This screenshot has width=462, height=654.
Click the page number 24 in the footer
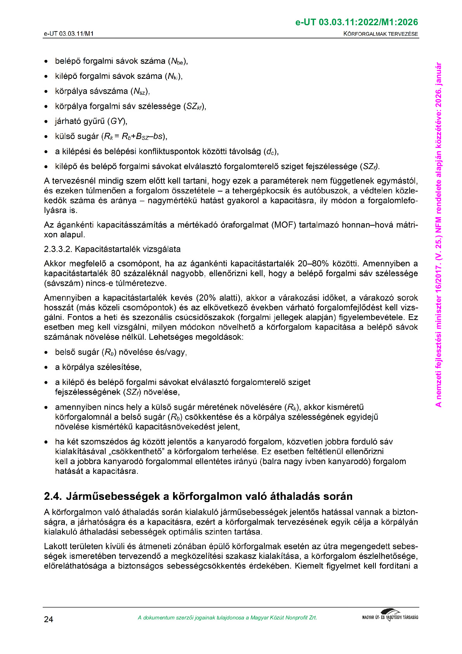pyautogui.click(x=49, y=619)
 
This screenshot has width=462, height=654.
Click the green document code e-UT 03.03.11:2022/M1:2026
pyautogui.click(x=356, y=22)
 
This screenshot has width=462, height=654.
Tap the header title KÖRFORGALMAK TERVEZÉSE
pyautogui.click(x=380, y=34)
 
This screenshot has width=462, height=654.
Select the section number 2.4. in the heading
pyautogui.click(x=53, y=496)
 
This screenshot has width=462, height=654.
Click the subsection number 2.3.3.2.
pyautogui.click(x=58, y=249)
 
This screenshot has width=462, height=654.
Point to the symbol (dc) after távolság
pyautogui.click(x=270, y=151)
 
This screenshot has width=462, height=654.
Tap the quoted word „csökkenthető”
pyautogui.click(x=142, y=452)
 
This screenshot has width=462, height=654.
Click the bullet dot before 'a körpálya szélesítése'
pyautogui.click(x=46, y=367)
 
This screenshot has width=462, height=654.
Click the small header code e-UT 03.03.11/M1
pyautogui.click(x=69, y=34)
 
